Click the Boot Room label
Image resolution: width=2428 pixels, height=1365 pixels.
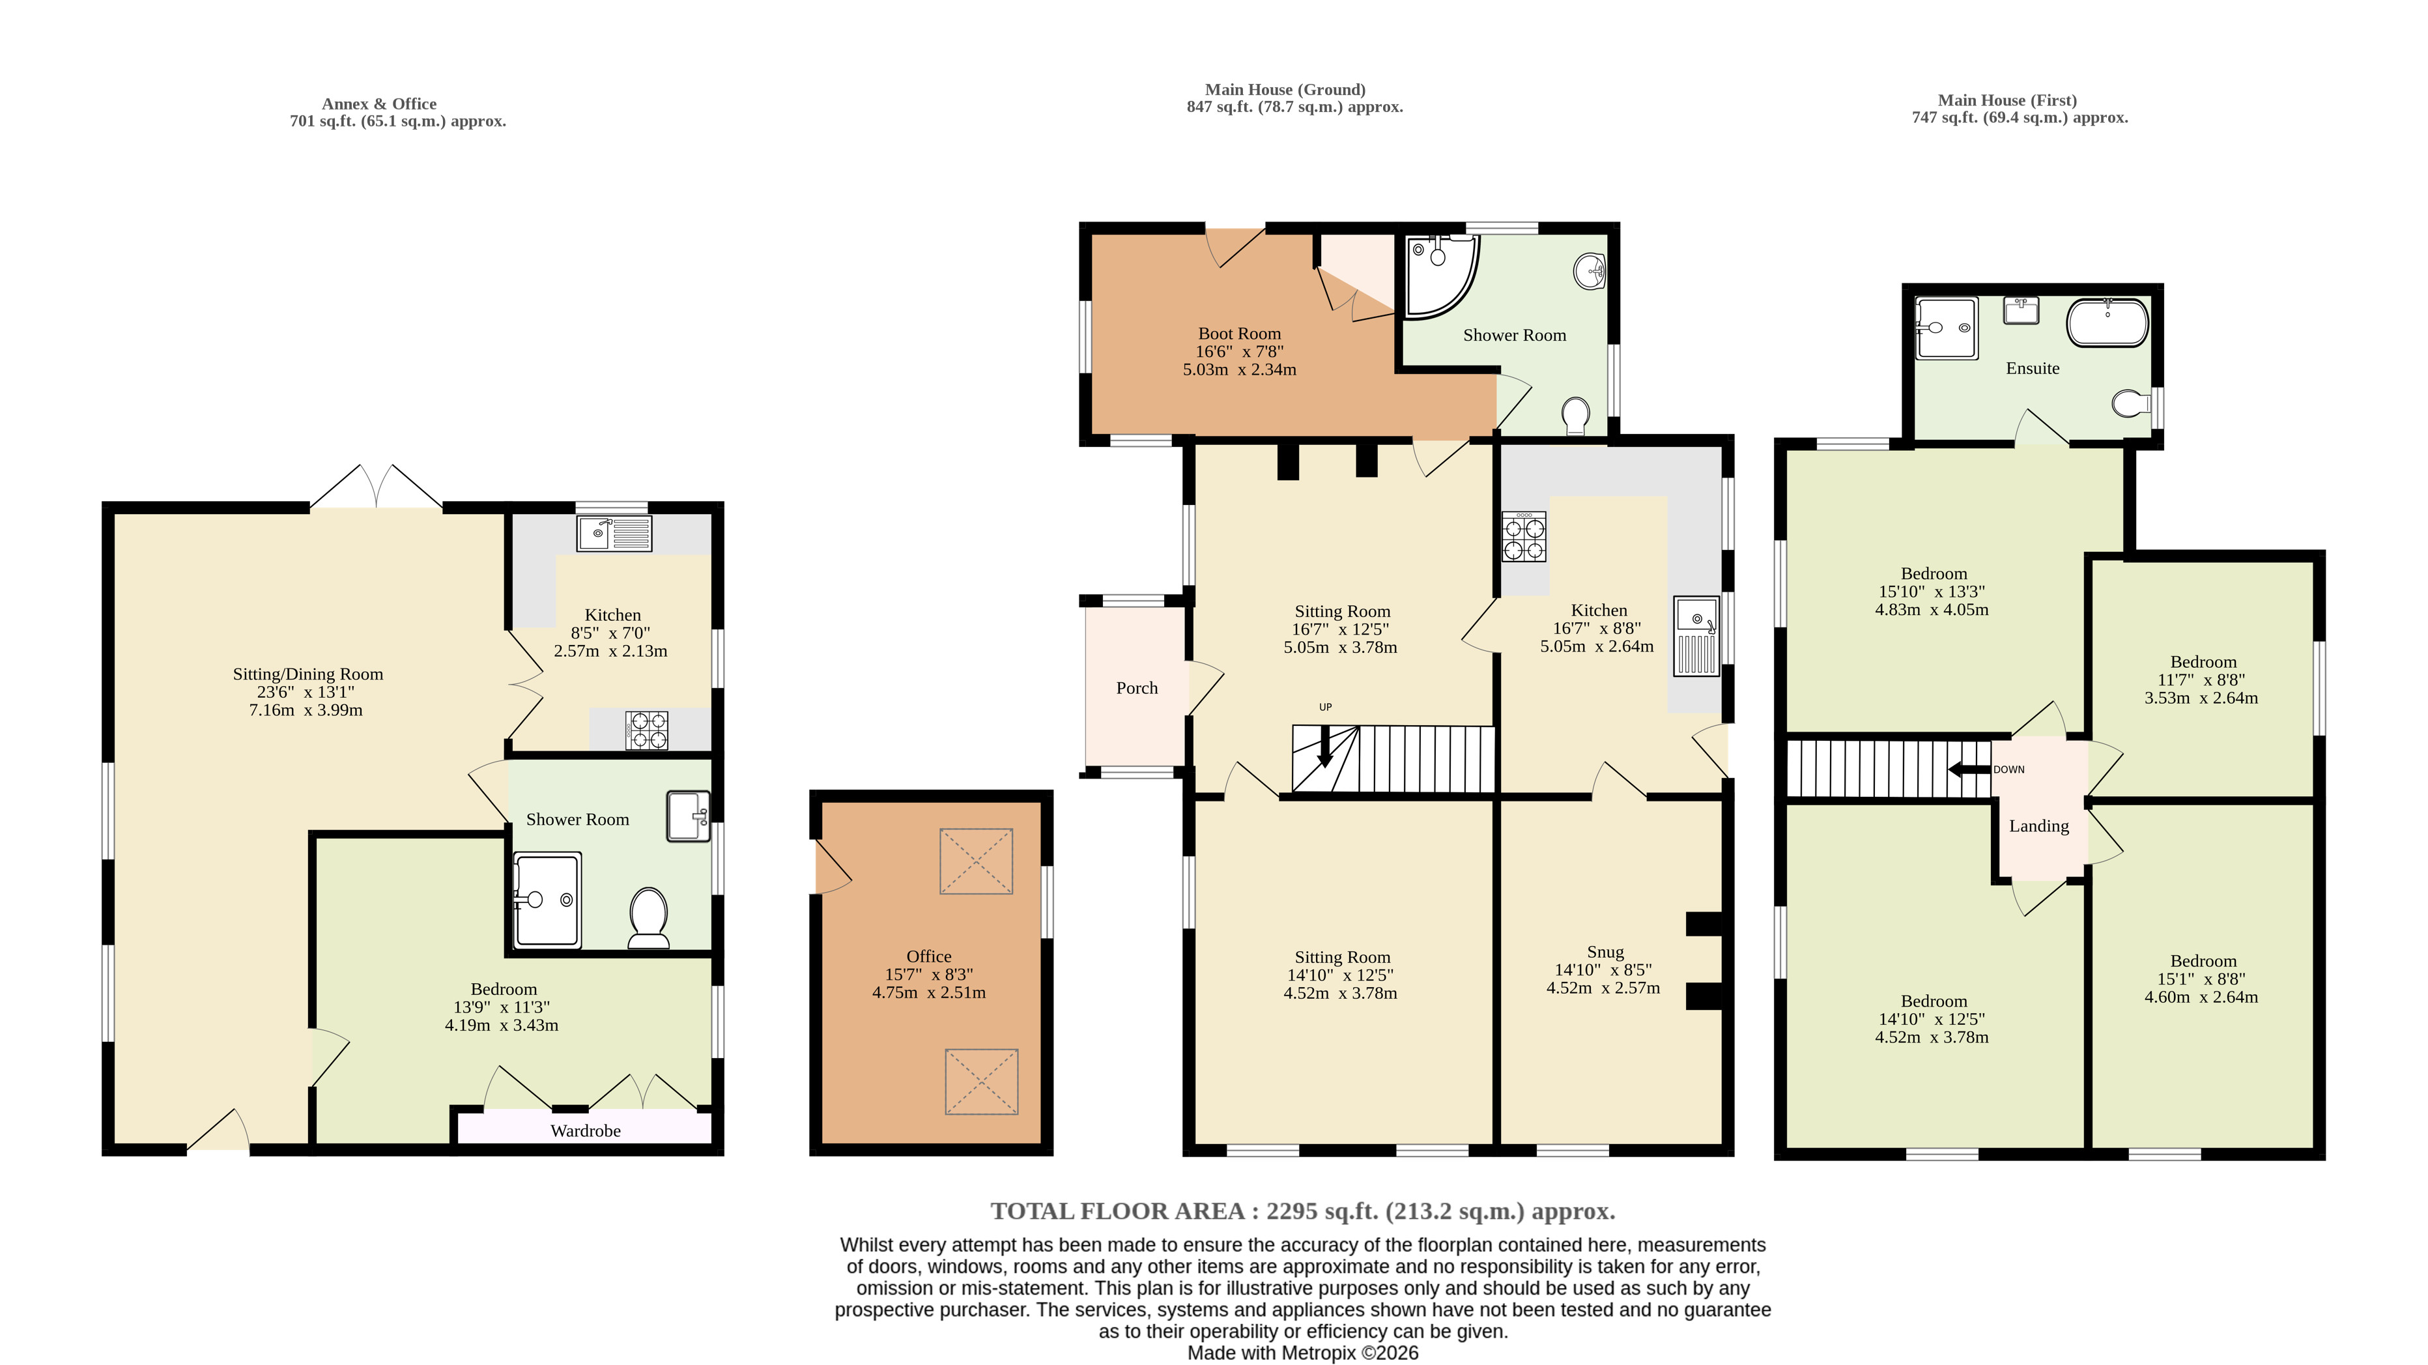point(1240,334)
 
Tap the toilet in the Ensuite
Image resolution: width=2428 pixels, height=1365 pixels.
point(2128,405)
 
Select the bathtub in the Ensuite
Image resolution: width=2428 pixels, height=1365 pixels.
point(2107,323)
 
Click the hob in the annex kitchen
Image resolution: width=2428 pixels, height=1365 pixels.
point(647,730)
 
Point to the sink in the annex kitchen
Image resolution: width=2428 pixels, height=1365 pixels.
point(614,534)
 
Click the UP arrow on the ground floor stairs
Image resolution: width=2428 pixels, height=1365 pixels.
point(1325,745)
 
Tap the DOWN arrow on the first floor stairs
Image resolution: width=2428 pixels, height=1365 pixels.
point(1969,769)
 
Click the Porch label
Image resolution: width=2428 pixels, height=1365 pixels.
point(1137,688)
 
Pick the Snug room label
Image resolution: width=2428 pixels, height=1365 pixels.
point(1605,952)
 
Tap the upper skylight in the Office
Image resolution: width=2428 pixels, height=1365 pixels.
point(977,861)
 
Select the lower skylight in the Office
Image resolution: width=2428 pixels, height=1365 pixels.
point(981,1082)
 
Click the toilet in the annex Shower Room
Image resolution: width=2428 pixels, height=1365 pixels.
point(648,917)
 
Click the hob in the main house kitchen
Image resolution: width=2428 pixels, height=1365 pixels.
point(1524,538)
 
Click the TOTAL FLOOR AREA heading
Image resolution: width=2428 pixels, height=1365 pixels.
point(1303,1211)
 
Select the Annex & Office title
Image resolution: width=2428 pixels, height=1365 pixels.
point(379,104)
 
